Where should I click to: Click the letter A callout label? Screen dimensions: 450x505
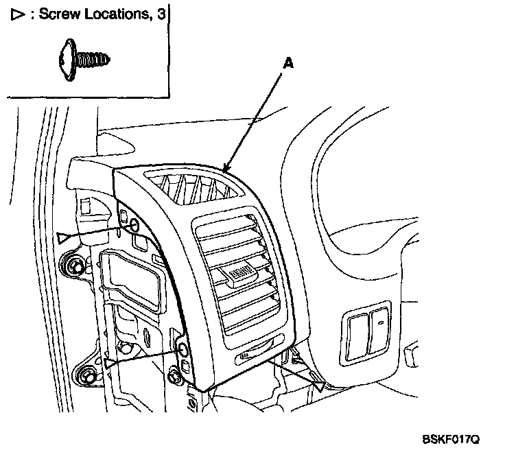289,63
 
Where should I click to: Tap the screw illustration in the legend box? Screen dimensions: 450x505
80,60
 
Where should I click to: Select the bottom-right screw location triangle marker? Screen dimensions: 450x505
318,386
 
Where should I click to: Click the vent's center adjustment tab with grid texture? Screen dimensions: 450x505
241,274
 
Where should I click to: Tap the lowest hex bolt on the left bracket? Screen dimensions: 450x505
86,376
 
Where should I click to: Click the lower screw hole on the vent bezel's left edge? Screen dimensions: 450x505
184,351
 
